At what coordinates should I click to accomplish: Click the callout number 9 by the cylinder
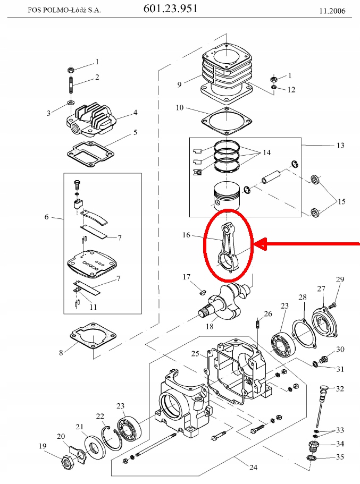(179, 84)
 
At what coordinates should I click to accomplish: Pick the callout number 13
(340, 145)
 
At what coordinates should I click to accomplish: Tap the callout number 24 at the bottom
(253, 467)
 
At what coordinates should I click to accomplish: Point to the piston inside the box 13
(227, 197)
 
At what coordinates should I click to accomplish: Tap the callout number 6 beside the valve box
(47, 217)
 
